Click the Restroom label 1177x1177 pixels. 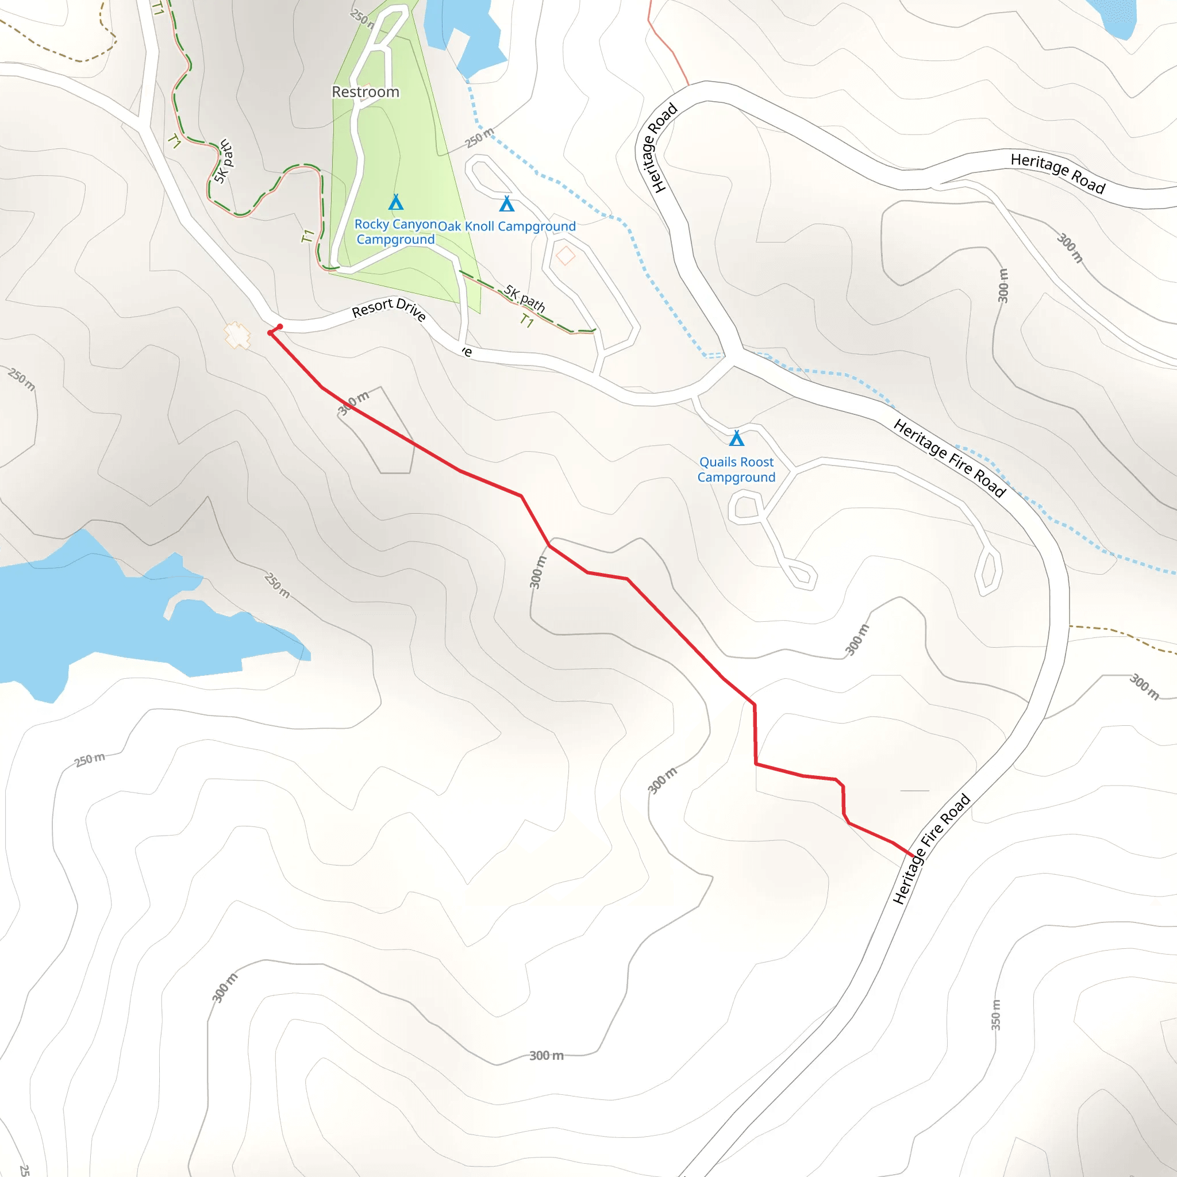[x=366, y=92]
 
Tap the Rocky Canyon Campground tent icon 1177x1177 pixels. [x=396, y=202]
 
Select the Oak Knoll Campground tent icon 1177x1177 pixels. [x=506, y=203]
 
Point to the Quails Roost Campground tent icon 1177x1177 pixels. [x=737, y=438]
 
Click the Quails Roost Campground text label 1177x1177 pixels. [x=737, y=470]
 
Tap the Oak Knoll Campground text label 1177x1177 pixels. [x=507, y=226]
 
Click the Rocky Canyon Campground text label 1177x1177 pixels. [x=395, y=232]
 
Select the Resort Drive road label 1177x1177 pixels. [x=389, y=309]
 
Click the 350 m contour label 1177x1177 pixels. [x=995, y=1015]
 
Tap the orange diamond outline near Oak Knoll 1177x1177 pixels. [x=566, y=256]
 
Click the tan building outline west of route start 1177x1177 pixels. [x=237, y=335]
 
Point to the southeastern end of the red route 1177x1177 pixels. [x=914, y=856]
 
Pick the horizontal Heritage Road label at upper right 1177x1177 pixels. [x=1057, y=174]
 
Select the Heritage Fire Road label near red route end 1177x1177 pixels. [x=931, y=848]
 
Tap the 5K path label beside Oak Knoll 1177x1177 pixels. [x=525, y=298]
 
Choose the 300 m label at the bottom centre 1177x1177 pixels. [x=546, y=1056]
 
